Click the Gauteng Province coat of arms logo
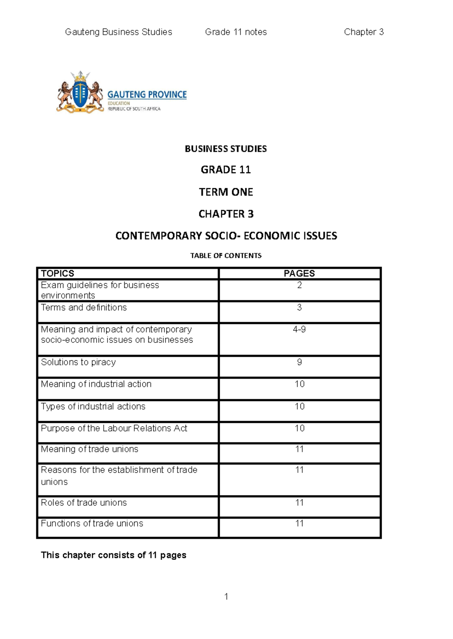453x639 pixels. coord(80,92)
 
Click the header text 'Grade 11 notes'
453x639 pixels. coord(236,32)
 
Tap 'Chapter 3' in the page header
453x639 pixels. coord(364,32)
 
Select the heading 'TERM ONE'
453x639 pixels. coord(226,192)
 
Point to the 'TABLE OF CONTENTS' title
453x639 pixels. coord(226,255)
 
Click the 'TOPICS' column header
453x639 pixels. coord(57,273)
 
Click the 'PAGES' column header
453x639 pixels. coord(299,273)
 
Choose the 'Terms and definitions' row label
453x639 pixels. coord(84,307)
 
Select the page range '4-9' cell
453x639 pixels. coord(299,329)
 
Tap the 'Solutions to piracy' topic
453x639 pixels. coord(78,362)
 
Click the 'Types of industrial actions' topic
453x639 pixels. coord(93,406)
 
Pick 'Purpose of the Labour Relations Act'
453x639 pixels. coord(114,428)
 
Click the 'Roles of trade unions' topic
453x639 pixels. coord(84,502)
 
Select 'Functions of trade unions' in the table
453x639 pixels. coord(92,523)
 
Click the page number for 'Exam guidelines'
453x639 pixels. coord(299,285)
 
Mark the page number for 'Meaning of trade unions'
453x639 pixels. coord(299,449)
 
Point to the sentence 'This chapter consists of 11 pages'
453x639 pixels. coord(113,555)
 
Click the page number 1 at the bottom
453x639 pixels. coord(226,596)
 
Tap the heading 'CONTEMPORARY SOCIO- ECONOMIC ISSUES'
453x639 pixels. coord(226,236)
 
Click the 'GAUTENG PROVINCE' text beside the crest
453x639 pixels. coord(147,94)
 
